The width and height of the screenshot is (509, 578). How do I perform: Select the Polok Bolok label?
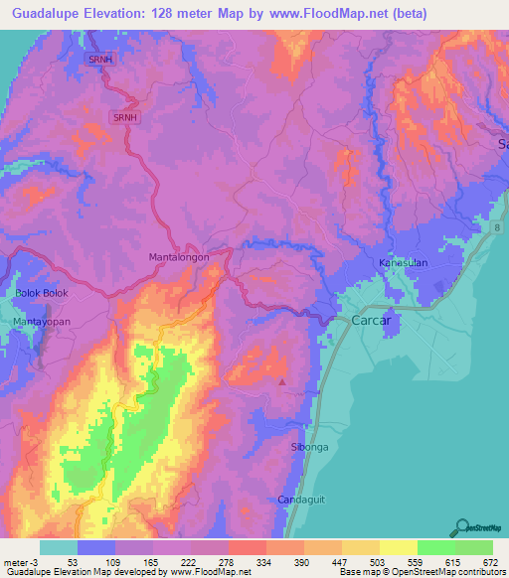click(x=39, y=293)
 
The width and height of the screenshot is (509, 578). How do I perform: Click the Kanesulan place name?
click(x=401, y=263)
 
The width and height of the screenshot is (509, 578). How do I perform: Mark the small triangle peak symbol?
click(x=282, y=380)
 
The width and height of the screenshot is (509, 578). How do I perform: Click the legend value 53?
click(x=74, y=561)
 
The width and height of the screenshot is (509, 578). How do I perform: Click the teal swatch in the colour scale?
click(x=58, y=547)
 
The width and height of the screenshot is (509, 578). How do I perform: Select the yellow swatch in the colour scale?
click(x=398, y=547)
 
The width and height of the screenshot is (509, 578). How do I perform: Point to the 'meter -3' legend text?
click(x=21, y=561)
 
